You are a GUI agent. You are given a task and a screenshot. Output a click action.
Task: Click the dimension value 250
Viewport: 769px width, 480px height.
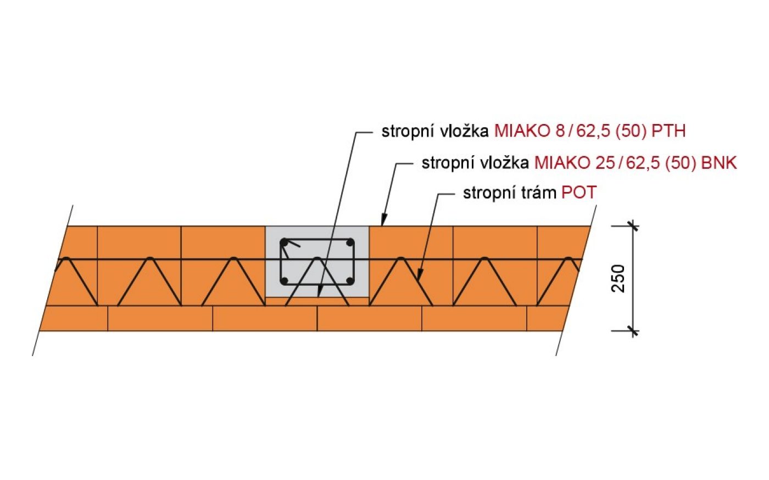[619, 278]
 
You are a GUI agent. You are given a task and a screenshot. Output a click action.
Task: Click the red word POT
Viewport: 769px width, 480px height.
[579, 193]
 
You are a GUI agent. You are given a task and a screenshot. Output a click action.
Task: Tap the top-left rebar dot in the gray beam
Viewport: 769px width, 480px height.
[284, 242]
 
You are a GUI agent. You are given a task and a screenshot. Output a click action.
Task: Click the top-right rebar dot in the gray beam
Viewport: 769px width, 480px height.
[349, 242]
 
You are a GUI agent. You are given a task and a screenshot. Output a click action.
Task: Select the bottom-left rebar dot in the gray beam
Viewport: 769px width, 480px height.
[284, 281]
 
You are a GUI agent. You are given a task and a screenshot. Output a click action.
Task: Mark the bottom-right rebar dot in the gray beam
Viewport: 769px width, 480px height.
[349, 281]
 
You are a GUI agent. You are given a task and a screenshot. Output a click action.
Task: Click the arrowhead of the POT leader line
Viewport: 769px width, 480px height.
[417, 278]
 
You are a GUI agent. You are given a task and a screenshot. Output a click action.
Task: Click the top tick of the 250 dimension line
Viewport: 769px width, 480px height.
[632, 225]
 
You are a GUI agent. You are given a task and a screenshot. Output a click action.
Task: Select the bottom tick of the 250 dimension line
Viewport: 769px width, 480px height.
[632, 331]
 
